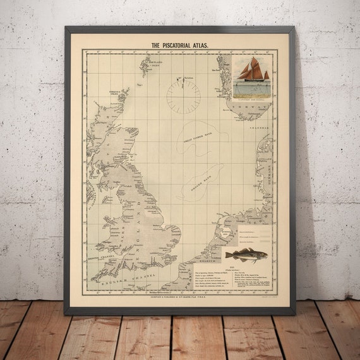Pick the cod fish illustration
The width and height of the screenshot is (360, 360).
point(247,255)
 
